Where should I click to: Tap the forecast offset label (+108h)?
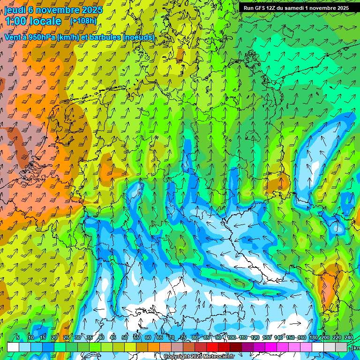[x=83, y=21]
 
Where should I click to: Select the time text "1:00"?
[x=15, y=21]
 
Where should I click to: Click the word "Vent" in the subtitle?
[x=14, y=37]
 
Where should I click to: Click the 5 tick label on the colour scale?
[x=18, y=337]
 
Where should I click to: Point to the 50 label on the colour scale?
[x=125, y=337]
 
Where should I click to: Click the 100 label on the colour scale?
[x=232, y=337]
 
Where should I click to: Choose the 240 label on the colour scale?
[x=349, y=337]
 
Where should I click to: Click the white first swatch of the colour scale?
[x=13, y=347]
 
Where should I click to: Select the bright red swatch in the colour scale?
[x=212, y=347]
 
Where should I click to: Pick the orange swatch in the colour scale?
[x=154, y=347]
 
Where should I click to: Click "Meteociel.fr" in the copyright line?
[x=218, y=357]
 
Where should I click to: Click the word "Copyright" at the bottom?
[x=177, y=357]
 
